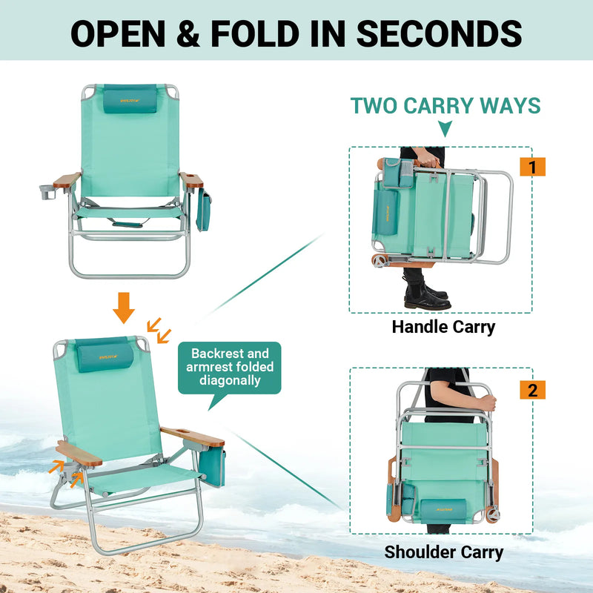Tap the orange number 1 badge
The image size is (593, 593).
click(532, 166)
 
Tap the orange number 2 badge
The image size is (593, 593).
click(532, 389)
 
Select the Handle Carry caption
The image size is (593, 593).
click(443, 327)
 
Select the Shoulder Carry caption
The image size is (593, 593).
click(443, 552)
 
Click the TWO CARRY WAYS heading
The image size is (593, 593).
click(445, 106)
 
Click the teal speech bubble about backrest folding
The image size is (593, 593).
click(229, 368)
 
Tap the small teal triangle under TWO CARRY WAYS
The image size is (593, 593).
click(445, 130)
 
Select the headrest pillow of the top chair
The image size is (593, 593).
click(130, 99)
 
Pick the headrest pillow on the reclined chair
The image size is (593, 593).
click(106, 355)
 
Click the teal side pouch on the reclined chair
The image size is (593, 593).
click(212, 465)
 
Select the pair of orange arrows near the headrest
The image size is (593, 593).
click(158, 328)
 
